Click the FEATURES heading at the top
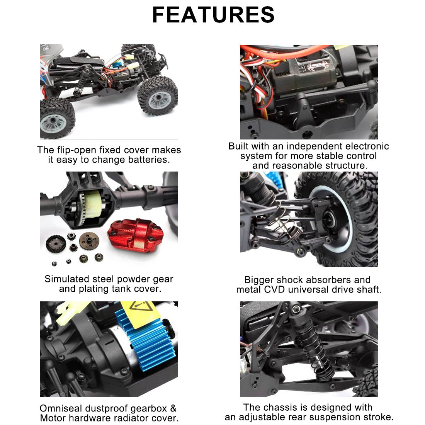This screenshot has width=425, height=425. [x=213, y=15]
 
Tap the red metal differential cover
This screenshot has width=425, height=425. [x=135, y=235]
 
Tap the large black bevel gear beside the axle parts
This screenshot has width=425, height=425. [x=56, y=244]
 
